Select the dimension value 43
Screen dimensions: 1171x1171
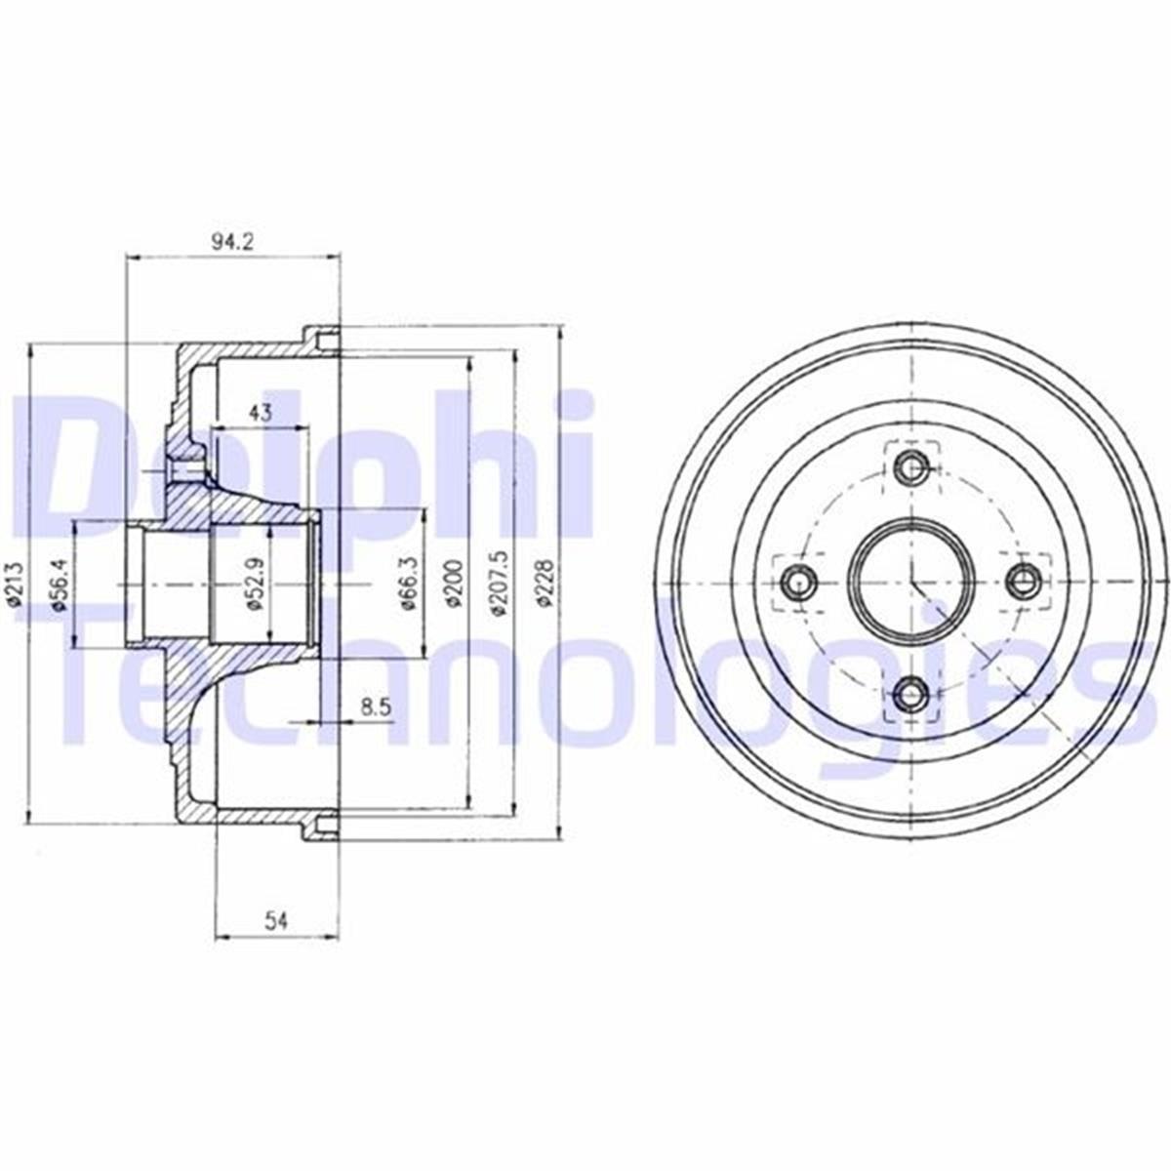[259, 412]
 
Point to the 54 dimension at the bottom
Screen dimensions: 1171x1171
[276, 921]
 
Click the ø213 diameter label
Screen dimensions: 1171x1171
[17, 583]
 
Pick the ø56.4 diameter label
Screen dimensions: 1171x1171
[58, 583]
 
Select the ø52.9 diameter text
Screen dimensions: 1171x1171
[254, 583]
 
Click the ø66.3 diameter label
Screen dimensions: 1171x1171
[410, 583]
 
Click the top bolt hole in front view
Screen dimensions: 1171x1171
[912, 467]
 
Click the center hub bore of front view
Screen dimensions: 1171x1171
[911, 583]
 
